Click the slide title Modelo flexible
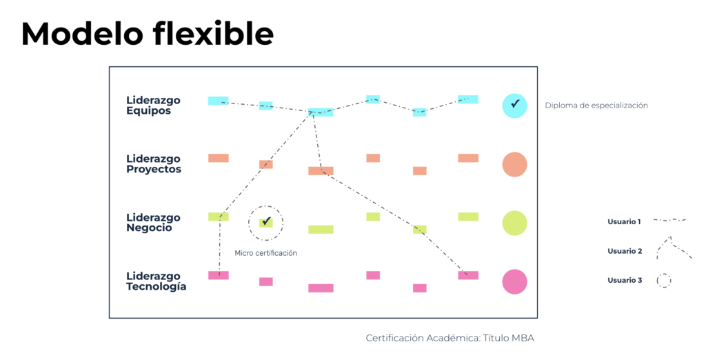tap(147, 34)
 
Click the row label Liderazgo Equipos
tap(153, 106)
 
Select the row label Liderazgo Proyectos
tap(154, 164)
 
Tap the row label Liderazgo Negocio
tap(153, 223)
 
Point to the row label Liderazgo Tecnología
tap(156, 281)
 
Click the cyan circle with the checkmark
tap(514, 106)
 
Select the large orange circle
tap(514, 165)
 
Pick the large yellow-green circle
tap(514, 223)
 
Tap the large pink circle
tap(514, 281)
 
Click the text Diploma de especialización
tap(596, 106)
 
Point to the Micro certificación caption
tap(265, 253)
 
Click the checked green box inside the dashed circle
tap(265, 222)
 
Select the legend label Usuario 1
tap(624, 221)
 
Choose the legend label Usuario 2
tap(624, 251)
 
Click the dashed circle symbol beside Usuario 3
tap(663, 281)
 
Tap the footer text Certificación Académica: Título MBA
tap(450, 338)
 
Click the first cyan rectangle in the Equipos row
tap(218, 101)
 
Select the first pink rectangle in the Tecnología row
tap(218, 275)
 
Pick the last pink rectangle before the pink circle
tap(467, 275)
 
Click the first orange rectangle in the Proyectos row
tap(218, 158)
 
